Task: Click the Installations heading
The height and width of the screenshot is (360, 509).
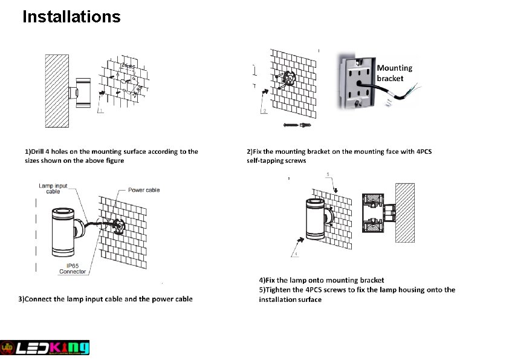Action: [71, 16]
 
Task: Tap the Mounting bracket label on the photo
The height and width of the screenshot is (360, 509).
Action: [394, 73]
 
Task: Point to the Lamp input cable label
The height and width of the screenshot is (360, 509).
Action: [53, 188]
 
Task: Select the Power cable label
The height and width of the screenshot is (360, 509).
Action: [144, 190]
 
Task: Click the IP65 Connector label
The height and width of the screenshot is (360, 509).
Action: [73, 269]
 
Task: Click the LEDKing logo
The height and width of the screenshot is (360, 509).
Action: [45, 347]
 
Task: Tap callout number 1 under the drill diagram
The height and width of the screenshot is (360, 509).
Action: [101, 111]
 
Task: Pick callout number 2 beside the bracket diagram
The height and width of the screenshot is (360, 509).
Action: [264, 111]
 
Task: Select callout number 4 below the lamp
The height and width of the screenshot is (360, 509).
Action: [296, 254]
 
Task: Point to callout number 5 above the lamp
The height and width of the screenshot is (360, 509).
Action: [328, 175]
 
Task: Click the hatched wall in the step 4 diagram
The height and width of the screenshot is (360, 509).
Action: [404, 213]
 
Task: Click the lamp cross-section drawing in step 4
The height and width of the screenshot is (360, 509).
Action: [374, 213]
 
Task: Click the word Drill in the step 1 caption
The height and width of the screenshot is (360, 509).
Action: [41, 151]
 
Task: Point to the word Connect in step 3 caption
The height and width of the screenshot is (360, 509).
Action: [38, 299]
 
